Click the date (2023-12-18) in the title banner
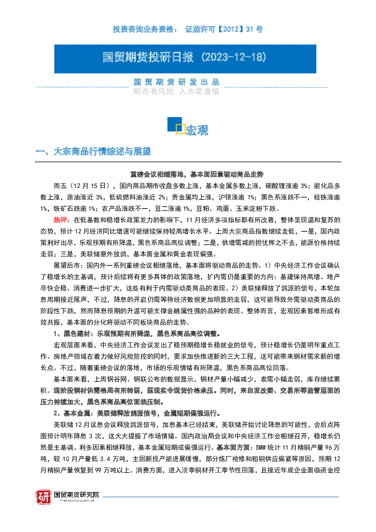click(x=234, y=57)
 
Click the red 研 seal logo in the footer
click(x=44, y=497)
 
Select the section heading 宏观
click(x=197, y=130)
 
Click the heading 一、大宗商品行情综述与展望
click(x=93, y=151)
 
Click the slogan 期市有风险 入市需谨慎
click(x=176, y=91)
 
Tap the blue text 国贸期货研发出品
click(x=176, y=82)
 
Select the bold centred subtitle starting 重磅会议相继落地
click(x=197, y=174)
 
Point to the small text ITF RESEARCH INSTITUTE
click(x=77, y=501)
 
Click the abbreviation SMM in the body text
click(x=260, y=448)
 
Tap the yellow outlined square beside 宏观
click(x=180, y=129)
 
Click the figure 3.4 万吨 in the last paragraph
click(x=113, y=459)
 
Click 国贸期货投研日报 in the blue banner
click(x=148, y=57)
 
